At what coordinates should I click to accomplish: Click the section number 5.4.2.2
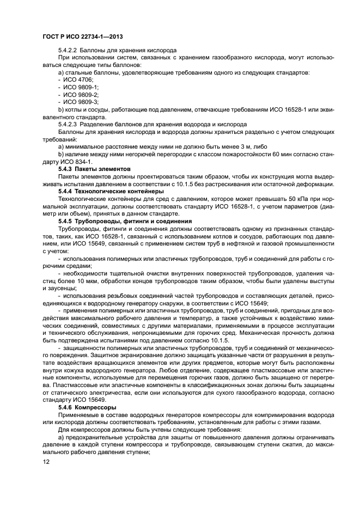[69, 50]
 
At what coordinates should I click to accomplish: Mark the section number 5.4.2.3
[69, 124]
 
